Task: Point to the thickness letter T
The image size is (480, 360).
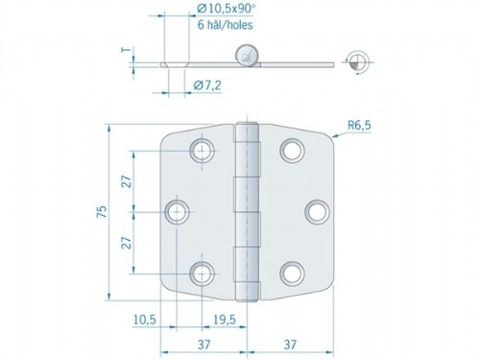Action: (124, 53)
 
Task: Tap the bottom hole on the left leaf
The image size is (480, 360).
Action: (203, 274)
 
